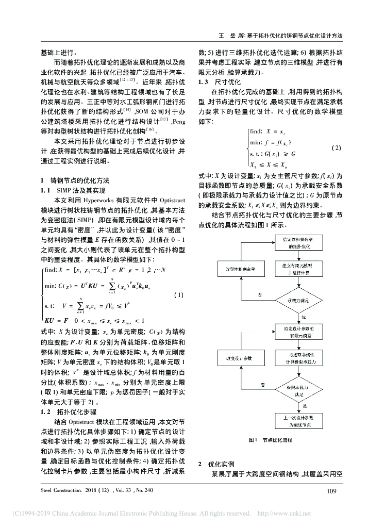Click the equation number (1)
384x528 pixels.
178,295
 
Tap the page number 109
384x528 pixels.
331,490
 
